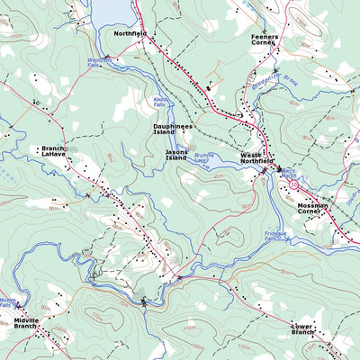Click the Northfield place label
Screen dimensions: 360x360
tap(130, 32)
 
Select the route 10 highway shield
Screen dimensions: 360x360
tap(293, 184)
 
